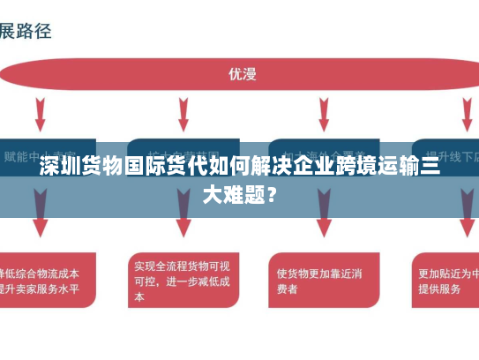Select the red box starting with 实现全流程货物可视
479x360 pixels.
pyautogui.click(x=183, y=280)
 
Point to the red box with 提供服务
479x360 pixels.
pyautogui.click(x=445, y=280)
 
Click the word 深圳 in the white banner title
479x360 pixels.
pyautogui.click(x=60, y=169)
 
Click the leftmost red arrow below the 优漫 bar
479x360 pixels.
pyautogui.click(x=41, y=115)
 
